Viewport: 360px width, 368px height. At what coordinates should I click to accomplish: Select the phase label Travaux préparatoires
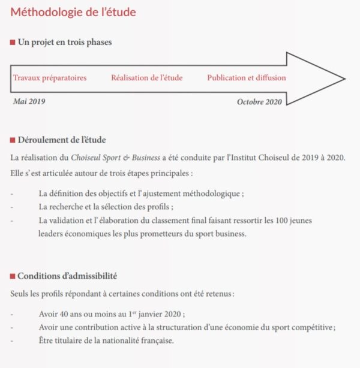50,78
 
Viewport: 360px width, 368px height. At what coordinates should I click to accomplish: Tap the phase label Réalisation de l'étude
147,78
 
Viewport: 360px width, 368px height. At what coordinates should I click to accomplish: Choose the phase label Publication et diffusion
247,78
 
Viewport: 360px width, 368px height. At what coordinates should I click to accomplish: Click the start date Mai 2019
29,101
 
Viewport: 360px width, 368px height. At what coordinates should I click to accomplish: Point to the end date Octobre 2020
259,102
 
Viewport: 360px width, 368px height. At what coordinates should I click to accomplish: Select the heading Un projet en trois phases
65,43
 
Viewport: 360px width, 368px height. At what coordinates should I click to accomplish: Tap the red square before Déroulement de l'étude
13,140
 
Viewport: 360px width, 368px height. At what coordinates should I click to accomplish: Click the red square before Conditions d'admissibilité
13,276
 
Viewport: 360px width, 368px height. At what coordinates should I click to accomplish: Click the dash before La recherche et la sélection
12,207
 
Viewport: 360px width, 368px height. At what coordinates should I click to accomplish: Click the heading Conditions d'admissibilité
67,276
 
